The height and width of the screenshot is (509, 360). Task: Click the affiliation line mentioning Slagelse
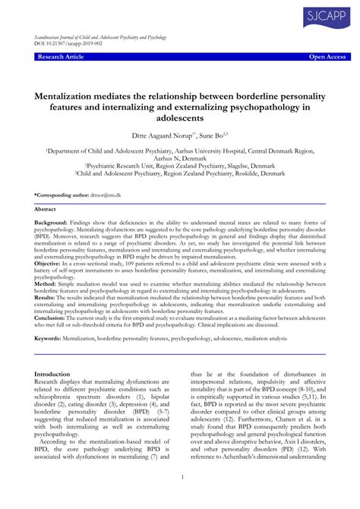coord(180,164)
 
